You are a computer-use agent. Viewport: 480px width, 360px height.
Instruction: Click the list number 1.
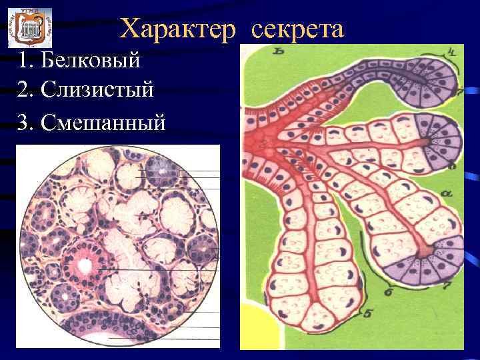click(25, 61)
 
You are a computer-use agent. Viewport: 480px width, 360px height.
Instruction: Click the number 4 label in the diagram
click(453, 51)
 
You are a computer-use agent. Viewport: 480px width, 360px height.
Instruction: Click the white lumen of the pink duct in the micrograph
click(84, 265)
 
